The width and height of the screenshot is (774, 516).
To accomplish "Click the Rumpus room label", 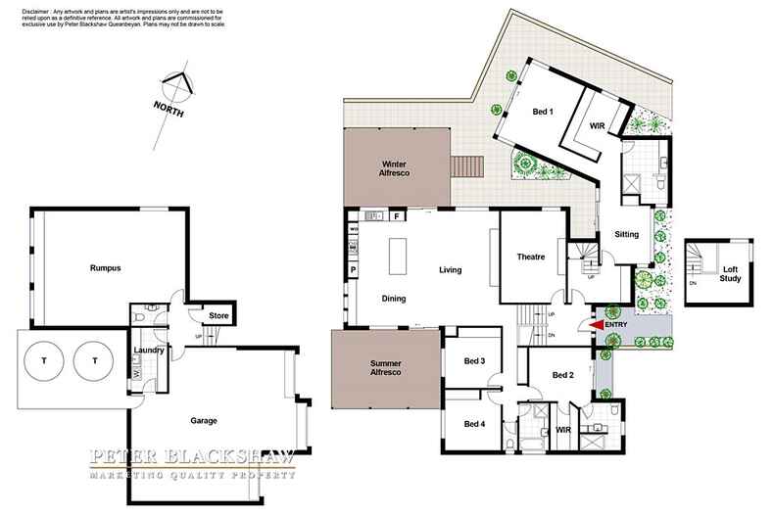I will click(x=105, y=267).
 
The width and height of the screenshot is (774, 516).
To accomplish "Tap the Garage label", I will click(x=203, y=420).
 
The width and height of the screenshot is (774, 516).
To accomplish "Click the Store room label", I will click(x=218, y=315).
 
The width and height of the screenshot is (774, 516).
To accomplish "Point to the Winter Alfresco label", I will click(x=395, y=167).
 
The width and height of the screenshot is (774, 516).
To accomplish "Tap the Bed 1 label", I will click(x=543, y=112).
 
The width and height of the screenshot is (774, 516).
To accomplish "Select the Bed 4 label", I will click(x=474, y=424).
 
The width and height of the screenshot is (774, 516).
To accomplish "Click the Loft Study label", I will click(x=730, y=273).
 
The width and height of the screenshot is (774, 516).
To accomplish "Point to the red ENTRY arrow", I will click(x=597, y=325).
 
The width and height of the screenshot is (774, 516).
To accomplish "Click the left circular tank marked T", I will click(x=46, y=360).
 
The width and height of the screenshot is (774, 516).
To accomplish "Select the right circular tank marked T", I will click(x=95, y=360).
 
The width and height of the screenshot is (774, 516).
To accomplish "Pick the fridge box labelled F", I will click(x=396, y=216).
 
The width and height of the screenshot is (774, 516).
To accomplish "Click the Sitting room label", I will click(x=626, y=236).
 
